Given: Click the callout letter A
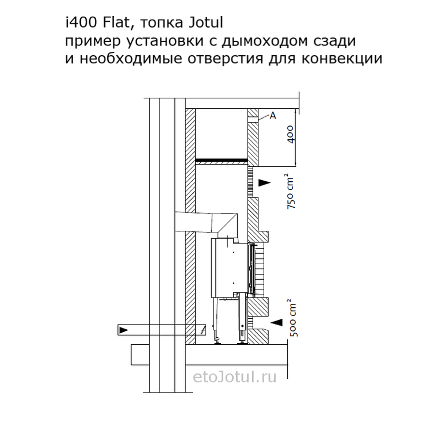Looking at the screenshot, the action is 273,116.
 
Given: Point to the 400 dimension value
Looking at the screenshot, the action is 291,135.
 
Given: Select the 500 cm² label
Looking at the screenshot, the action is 293,319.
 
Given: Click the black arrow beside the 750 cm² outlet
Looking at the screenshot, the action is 265,182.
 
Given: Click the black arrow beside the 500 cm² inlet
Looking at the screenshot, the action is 276,322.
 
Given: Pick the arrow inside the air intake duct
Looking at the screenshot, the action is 124,330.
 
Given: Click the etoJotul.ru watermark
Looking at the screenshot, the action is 235,377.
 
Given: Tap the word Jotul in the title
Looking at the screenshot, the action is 205,23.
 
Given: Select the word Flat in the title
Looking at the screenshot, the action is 116,23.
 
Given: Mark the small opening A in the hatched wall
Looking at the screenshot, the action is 253,120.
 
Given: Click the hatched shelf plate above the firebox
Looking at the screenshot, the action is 222,162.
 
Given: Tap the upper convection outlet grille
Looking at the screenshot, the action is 250,182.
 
